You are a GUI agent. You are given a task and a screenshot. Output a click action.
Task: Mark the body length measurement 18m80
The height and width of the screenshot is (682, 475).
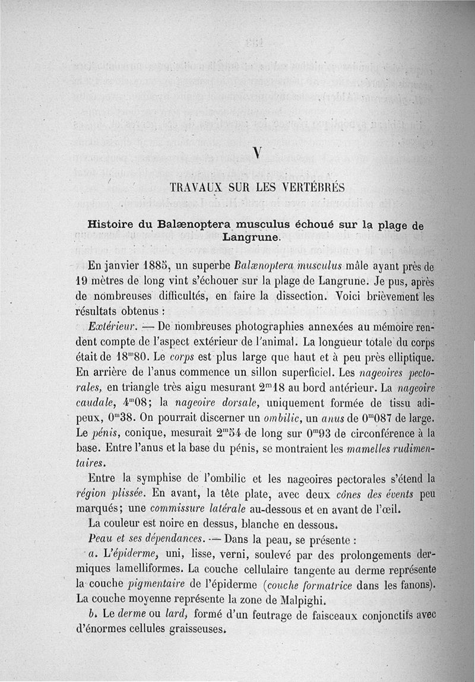click(132, 358)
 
